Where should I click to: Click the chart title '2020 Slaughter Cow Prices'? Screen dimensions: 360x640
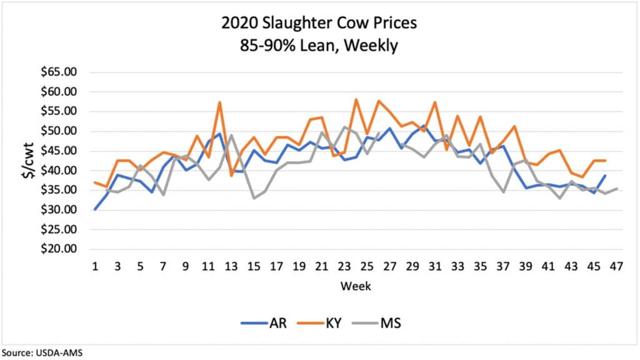(319, 24)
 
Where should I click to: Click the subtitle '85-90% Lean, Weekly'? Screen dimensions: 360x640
(319, 46)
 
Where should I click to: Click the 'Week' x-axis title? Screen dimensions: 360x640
(355, 286)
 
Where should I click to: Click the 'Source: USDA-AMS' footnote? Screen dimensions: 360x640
(42, 352)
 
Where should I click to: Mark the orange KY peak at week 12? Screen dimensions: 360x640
(219, 102)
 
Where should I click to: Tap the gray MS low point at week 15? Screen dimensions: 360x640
(254, 198)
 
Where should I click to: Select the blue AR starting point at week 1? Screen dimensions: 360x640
(95, 209)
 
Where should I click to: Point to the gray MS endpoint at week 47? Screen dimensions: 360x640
(616, 188)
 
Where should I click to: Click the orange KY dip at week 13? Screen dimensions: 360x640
(231, 176)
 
